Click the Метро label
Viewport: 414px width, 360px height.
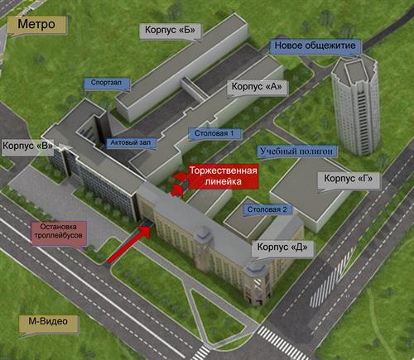[36, 25]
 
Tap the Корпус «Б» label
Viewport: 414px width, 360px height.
[170, 30]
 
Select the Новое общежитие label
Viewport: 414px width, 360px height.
[315, 46]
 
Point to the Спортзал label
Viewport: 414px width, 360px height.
[106, 83]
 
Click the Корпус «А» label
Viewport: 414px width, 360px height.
[257, 87]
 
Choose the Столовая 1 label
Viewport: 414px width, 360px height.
[214, 133]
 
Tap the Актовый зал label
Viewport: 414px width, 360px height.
[131, 142]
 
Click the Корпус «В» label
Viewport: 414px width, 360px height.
[27, 146]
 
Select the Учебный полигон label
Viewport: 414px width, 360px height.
[296, 151]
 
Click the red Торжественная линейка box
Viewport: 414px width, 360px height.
[224, 176]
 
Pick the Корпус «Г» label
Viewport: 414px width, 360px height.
[349, 179]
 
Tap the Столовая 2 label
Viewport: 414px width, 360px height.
[267, 209]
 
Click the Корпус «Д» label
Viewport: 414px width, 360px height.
[282, 247]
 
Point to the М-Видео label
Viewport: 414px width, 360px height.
[48, 322]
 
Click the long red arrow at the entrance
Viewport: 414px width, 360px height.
[128, 244]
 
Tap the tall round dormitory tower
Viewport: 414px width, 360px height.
[355, 106]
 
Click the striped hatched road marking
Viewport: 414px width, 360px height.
[332, 277]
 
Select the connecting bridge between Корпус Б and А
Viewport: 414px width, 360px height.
[195, 88]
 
